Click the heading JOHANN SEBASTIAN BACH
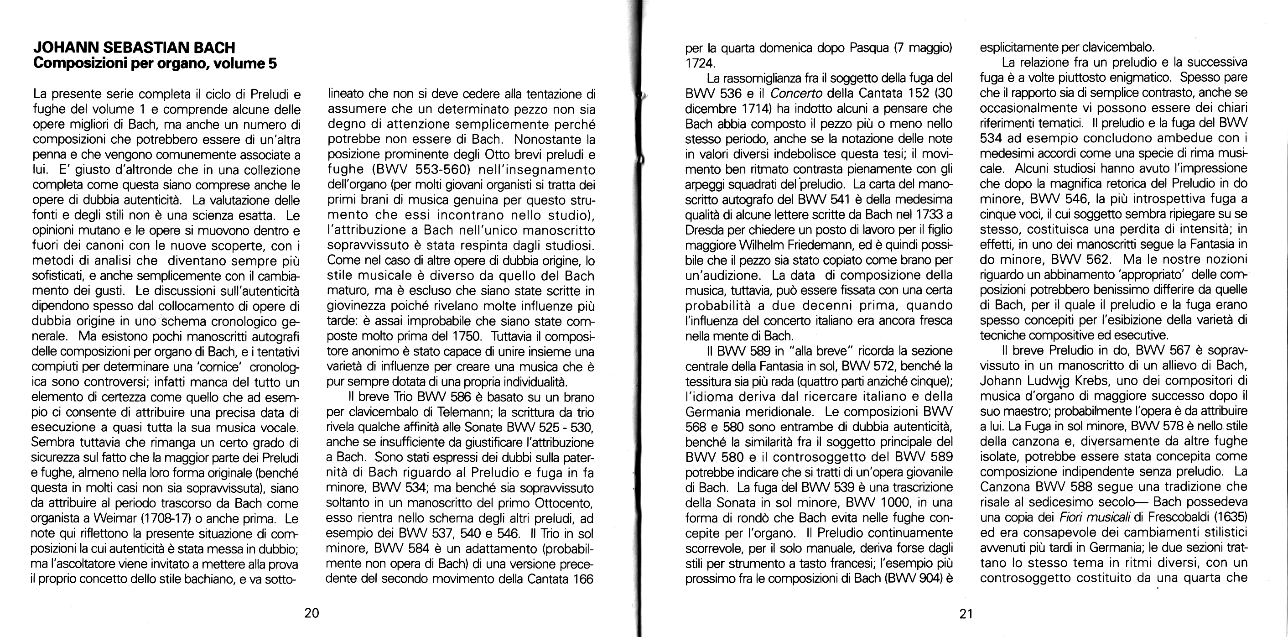pos(134,48)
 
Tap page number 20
pos(312,613)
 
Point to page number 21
pos(966,614)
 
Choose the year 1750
pos(469,336)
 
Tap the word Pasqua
pos(869,48)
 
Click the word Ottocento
pos(564,503)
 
